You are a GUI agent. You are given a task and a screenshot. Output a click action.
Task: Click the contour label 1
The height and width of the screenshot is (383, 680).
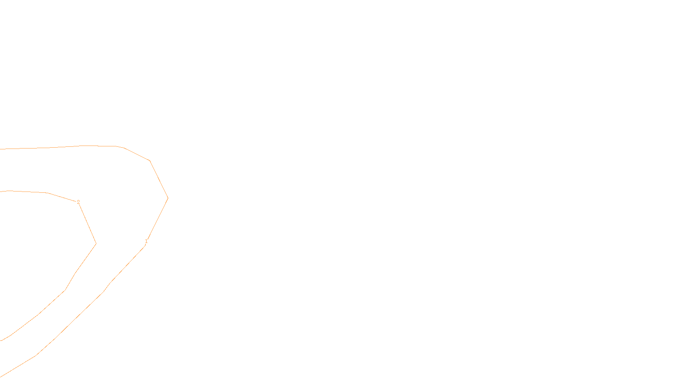pyautogui.click(x=146, y=241)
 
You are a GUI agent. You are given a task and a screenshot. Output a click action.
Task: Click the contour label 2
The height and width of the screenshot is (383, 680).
pyautogui.click(x=78, y=202)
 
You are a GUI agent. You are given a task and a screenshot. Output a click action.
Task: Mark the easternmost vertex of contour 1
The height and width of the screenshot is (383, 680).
pyautogui.click(x=168, y=198)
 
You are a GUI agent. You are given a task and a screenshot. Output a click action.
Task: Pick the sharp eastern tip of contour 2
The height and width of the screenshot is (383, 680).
pyautogui.click(x=96, y=244)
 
